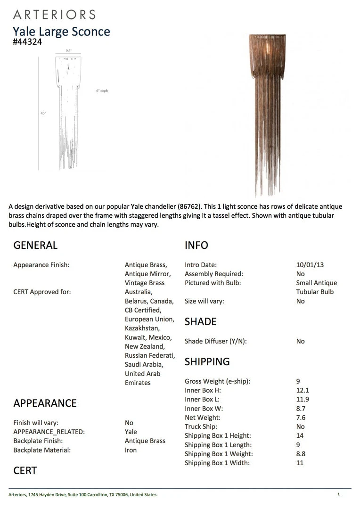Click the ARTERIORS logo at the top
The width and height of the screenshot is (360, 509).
pos(54,14)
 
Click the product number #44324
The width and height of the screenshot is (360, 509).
pos(28,41)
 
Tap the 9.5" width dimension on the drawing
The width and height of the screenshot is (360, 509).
pos(68,51)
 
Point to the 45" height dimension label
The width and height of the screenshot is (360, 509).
pos(43,113)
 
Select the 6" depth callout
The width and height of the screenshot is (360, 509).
pos(102,90)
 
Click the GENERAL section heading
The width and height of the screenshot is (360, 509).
pos(35,245)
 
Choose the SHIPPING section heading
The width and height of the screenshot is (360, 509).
pos(207,361)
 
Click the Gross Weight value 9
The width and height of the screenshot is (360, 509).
pos(298,381)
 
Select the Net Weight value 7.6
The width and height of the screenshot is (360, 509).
pos(301,418)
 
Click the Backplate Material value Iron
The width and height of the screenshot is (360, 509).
pos(131,450)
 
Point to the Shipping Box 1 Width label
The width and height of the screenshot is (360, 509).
pos(217,463)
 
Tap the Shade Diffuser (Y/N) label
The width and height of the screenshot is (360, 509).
pos(215,341)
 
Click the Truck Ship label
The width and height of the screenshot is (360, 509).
pos(201,427)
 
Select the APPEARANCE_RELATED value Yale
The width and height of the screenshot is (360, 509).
pos(131,432)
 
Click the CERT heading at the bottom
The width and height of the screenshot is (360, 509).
pos(25,470)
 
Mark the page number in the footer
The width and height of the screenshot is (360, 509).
pos(338,494)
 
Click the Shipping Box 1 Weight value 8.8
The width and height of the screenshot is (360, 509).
pos(301,454)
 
